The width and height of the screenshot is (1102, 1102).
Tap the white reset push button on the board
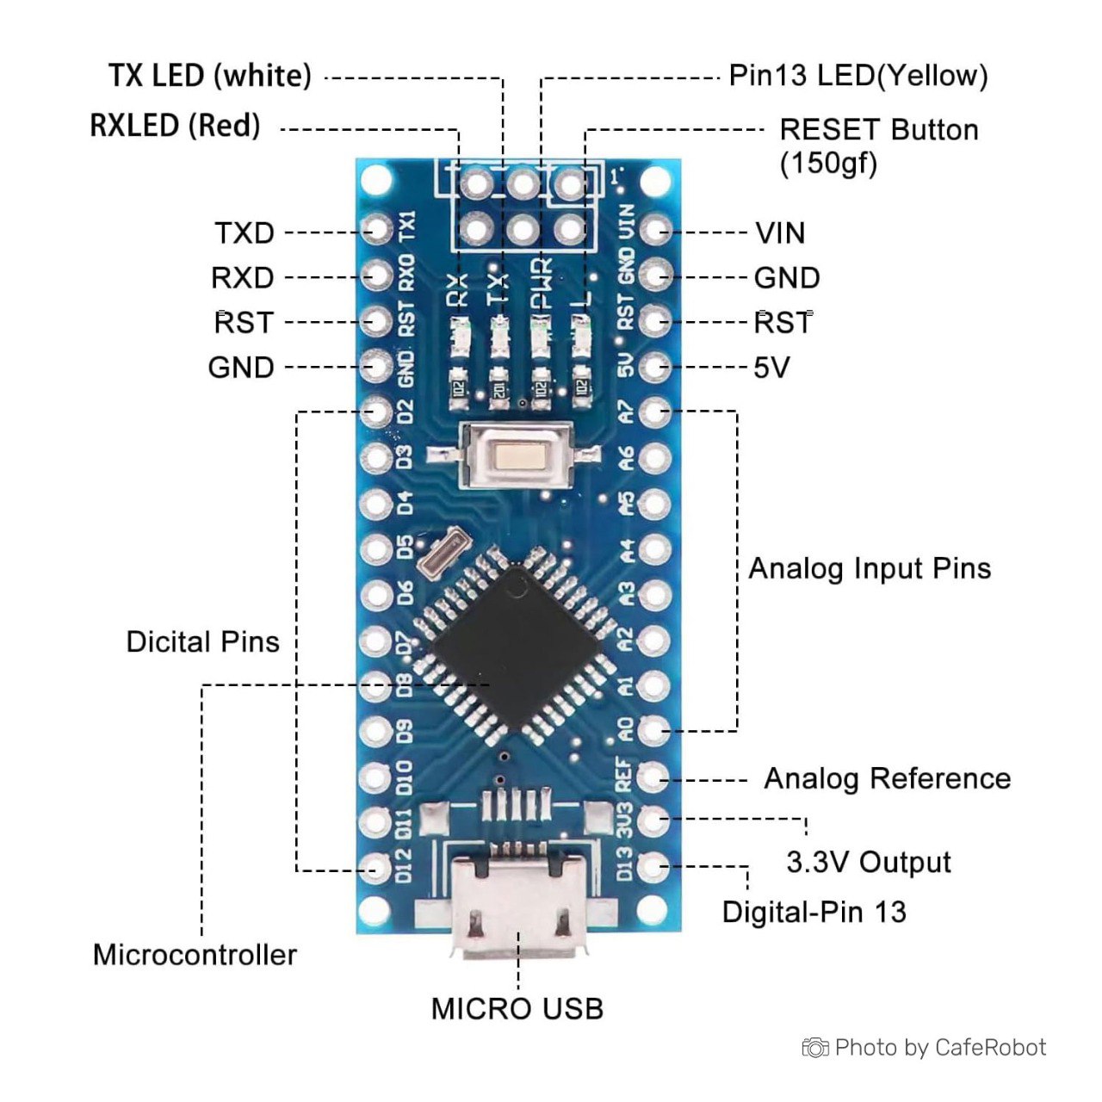pos(518,455)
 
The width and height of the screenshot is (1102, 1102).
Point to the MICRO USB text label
pos(517,1008)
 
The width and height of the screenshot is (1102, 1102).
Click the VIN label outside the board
pos(780,232)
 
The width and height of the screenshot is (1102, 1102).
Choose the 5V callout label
pos(771,368)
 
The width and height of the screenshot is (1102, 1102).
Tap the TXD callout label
pos(245,232)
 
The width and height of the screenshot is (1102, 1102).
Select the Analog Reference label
pos(887,778)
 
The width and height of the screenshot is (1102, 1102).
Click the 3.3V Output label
pos(869,862)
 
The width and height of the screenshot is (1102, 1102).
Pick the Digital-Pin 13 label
pos(814,912)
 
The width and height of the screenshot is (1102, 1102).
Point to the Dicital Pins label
pos(202,641)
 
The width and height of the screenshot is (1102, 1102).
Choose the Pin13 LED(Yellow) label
pos(857,76)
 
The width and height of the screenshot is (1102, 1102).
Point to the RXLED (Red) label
pos(175,126)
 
